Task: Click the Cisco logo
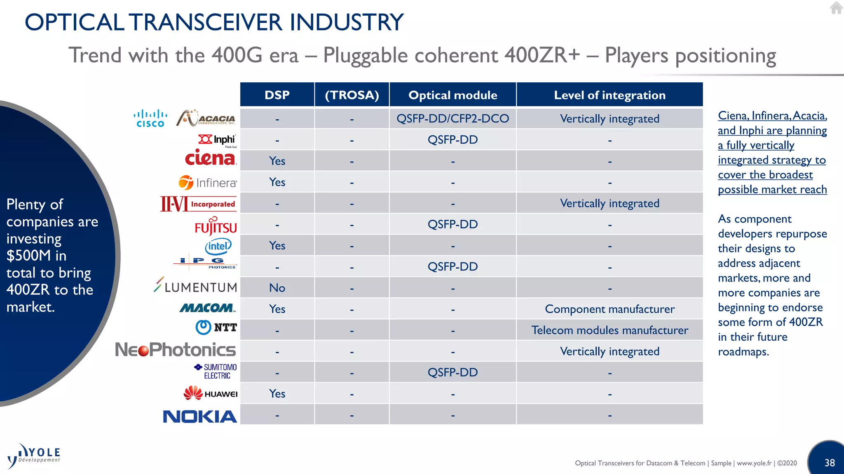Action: click(x=150, y=118)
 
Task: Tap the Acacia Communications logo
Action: click(x=206, y=118)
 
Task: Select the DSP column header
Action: click(x=277, y=95)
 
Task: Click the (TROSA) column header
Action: click(x=352, y=95)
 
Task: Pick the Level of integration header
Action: click(x=609, y=95)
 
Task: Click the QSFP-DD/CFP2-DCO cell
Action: click(x=452, y=119)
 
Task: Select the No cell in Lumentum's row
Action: click(x=277, y=288)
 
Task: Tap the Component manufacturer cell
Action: click(x=609, y=309)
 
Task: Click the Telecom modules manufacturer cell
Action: click(x=609, y=330)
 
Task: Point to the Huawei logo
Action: click(x=211, y=393)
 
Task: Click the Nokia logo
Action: click(x=200, y=416)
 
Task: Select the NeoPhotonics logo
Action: click(x=176, y=350)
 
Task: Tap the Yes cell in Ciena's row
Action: click(x=277, y=161)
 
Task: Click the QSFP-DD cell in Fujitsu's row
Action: click(x=452, y=225)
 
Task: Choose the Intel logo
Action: click(x=218, y=246)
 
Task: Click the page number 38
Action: click(x=829, y=463)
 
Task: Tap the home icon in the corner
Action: click(x=836, y=8)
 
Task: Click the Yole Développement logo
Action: click(x=34, y=456)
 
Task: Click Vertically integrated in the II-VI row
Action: click(x=609, y=203)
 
